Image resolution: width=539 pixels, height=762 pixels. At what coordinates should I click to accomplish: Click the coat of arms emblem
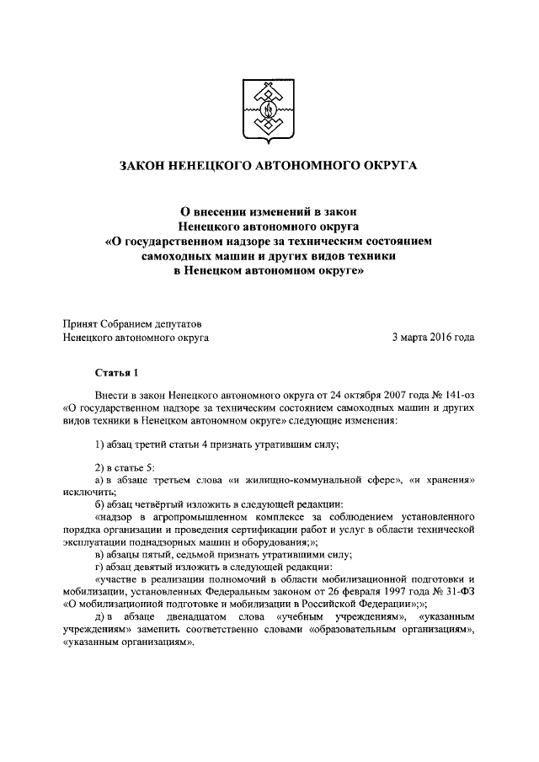click(x=269, y=109)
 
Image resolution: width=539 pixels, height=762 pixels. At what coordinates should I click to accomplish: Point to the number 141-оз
click(x=456, y=392)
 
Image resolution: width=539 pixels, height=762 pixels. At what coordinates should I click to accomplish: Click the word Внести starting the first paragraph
click(x=113, y=392)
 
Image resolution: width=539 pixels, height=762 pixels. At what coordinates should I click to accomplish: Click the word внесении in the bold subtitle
click(x=227, y=210)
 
